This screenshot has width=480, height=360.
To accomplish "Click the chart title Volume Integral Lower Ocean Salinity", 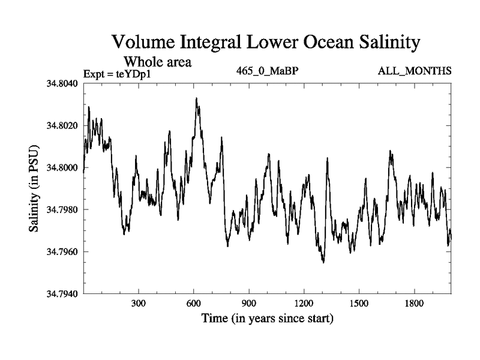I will (x=264, y=43).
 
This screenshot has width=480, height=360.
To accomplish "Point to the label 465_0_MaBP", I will (x=268, y=71).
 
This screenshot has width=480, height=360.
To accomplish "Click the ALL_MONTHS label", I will (x=415, y=71).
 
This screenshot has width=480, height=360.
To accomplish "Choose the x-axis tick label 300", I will (x=139, y=304).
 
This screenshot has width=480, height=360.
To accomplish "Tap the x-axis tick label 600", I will (x=194, y=304).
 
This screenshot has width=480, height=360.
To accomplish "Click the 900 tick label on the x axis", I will (x=249, y=304).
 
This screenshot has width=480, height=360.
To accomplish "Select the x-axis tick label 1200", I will (x=304, y=304).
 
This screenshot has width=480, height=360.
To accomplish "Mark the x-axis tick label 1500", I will (x=359, y=304).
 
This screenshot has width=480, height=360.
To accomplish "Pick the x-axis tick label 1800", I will (x=414, y=304).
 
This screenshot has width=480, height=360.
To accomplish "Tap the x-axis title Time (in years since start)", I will (x=267, y=317).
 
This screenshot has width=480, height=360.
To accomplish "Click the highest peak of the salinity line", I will (x=196, y=98).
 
